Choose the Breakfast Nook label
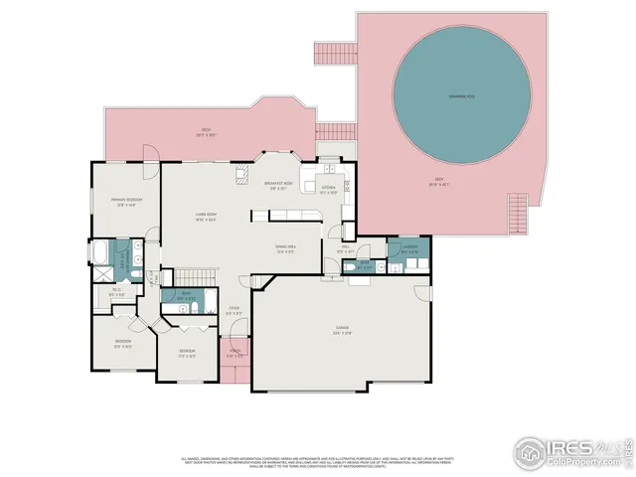click(278, 185)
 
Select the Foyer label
click(234, 310)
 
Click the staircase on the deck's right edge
click(517, 212)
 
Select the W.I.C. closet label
click(117, 292)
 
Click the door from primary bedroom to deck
click(149, 160)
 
